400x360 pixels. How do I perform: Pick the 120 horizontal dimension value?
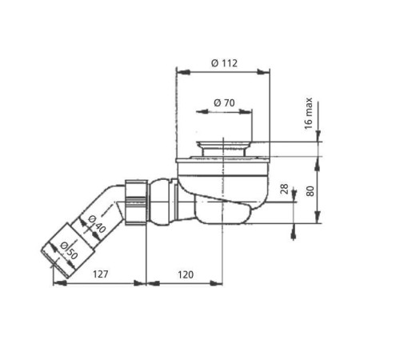[185, 274]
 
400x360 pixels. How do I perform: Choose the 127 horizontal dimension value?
[100, 274]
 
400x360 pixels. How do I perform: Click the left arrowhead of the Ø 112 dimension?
[179, 72]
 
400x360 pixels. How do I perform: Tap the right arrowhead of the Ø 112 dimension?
[266, 72]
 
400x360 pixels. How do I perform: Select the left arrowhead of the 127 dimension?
[56, 282]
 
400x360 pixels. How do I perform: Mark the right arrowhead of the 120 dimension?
[218, 282]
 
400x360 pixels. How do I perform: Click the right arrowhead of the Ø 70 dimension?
[249, 113]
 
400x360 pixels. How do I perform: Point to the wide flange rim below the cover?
[223, 160]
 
